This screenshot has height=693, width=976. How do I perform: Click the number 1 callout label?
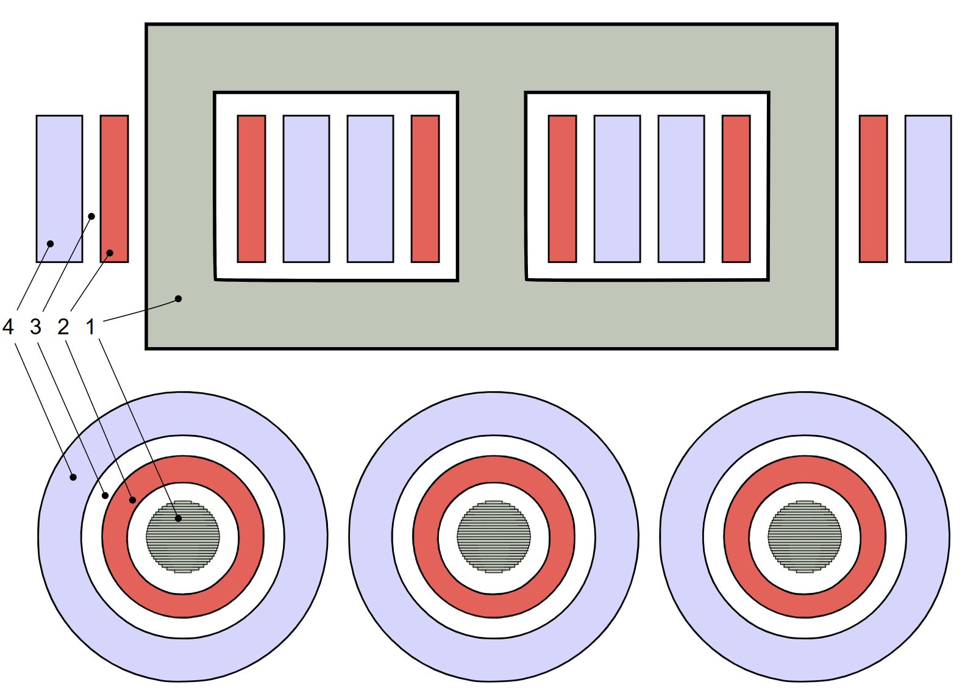[90, 326]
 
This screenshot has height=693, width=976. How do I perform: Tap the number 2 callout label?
[63, 326]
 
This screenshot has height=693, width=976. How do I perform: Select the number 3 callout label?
[36, 326]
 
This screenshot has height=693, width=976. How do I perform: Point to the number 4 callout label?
[8, 326]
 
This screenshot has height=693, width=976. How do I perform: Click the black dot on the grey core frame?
[178, 299]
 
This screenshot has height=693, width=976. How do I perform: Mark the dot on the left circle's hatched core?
[178, 519]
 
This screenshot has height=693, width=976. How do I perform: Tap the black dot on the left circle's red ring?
[132, 500]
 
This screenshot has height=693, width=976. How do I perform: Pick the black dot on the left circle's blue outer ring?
[73, 477]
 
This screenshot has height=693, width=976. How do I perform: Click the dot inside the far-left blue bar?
[51, 244]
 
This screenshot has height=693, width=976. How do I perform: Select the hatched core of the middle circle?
[494, 536]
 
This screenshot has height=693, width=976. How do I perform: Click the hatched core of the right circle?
[805, 536]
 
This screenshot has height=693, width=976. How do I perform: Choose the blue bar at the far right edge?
[928, 189]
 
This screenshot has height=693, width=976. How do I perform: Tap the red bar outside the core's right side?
[873, 189]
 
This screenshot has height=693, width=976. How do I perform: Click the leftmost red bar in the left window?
[251, 189]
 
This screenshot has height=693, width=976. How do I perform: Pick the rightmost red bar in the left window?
[426, 189]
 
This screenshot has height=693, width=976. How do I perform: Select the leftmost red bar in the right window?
[563, 189]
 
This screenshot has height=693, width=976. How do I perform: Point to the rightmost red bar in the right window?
[736, 189]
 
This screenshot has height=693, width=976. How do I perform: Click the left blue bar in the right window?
[618, 189]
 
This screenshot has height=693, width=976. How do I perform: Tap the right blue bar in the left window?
[371, 189]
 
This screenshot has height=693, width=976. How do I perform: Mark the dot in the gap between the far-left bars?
[91, 217]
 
